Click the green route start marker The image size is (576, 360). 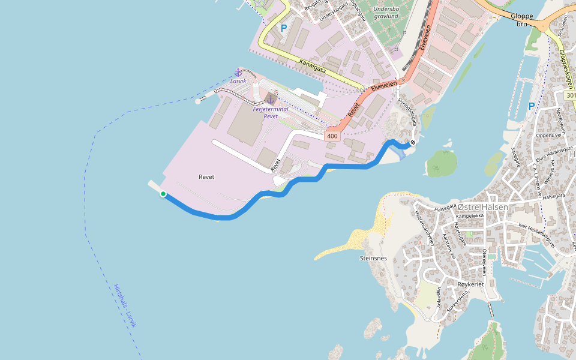pos(163,194)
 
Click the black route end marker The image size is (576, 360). pos(412,143)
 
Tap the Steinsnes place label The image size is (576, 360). pos(373,259)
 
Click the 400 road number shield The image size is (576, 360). pos(332,137)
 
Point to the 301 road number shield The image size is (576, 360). pos(570,95)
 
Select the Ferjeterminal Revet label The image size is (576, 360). pos(271,113)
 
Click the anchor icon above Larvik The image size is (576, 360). pos(238,72)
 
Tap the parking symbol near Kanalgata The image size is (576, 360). pos(284,28)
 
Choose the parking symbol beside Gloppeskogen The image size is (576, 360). pos(531,106)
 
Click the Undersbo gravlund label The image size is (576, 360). pos(385,13)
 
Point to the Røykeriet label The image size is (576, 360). pos(470,283)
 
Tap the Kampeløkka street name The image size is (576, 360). pos(469,216)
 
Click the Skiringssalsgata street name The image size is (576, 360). pos(407,112)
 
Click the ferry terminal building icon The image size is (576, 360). pos(271,98)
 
